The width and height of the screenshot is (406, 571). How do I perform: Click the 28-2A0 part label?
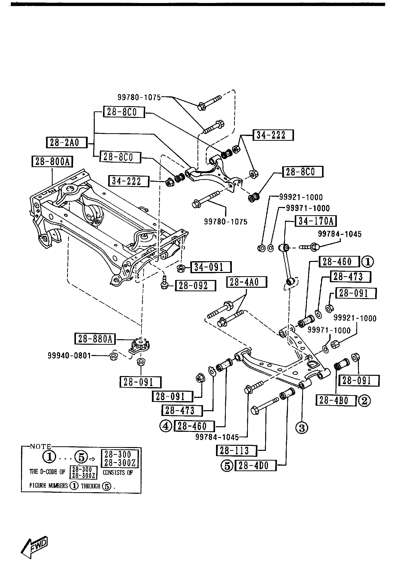66,142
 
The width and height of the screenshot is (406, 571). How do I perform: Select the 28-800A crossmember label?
52,162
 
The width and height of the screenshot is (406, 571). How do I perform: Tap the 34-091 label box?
211,267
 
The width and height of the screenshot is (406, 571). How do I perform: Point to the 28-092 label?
195,285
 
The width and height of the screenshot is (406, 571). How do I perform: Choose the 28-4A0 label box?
247,282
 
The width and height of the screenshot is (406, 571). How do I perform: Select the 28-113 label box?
236,451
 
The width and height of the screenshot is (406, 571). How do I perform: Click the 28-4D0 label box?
256,466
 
